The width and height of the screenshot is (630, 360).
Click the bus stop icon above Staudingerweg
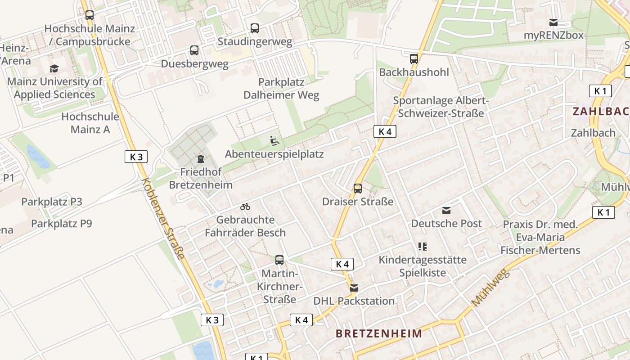(x=255, y=28)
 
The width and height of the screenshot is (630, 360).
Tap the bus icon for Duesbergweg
(x=194, y=50)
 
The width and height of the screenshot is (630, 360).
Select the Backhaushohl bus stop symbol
(x=414, y=58)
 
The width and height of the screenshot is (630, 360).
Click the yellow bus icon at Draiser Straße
(x=358, y=188)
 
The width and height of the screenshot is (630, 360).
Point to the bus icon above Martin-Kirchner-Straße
(x=279, y=260)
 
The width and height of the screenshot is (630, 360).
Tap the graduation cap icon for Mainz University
(x=54, y=68)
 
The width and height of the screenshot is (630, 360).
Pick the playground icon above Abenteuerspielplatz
(x=274, y=141)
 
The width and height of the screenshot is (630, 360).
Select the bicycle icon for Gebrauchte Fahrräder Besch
(x=245, y=207)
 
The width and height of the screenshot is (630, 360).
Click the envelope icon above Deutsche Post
(x=446, y=210)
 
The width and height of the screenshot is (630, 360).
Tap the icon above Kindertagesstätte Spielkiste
(x=422, y=246)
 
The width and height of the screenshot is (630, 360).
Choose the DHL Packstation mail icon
(x=354, y=288)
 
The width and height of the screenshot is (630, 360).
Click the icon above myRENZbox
(x=553, y=22)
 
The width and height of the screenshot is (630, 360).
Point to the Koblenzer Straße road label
(x=163, y=219)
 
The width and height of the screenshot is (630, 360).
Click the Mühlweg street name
(x=490, y=288)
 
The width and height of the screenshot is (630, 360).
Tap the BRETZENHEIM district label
(x=379, y=333)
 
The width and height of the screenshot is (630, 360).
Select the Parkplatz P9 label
(x=61, y=223)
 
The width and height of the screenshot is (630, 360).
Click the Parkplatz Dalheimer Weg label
(x=281, y=89)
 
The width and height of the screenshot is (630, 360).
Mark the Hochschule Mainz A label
(x=90, y=123)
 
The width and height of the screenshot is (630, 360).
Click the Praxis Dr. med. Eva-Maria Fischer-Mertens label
(x=540, y=237)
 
